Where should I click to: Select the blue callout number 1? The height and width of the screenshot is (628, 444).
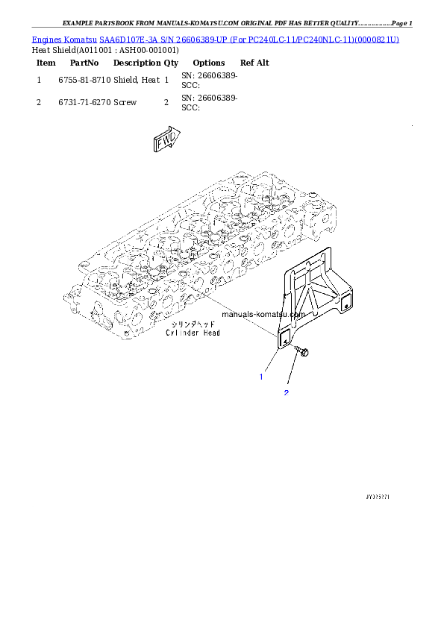pos(261,377)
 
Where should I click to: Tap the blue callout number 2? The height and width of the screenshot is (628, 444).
pos(285,392)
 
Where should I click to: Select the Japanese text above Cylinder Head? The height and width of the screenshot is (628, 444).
pos(193,324)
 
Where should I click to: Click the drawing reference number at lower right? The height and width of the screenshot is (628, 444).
pos(378,494)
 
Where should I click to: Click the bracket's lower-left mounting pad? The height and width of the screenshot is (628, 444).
pos(284,338)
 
